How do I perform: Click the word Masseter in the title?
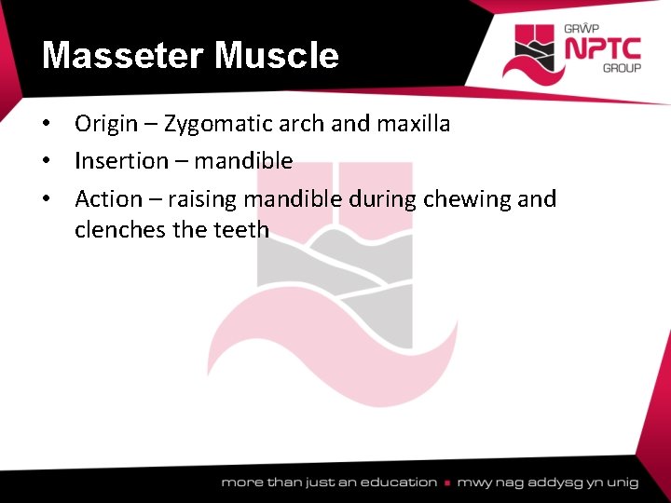coord(122,56)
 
